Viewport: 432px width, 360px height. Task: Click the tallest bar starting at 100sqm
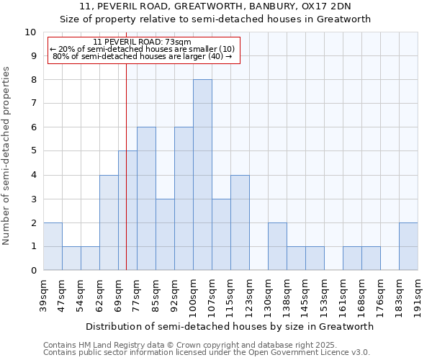click(202, 175)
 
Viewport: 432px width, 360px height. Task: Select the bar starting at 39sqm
click(53, 246)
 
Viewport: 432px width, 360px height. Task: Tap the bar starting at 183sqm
click(408, 246)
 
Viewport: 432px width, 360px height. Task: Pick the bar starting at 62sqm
click(109, 222)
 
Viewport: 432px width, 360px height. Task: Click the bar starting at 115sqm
click(240, 222)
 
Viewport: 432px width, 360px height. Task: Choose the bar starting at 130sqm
click(277, 246)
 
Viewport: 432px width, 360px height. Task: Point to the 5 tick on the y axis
click(33, 151)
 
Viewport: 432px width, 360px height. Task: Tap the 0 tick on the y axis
click(33, 271)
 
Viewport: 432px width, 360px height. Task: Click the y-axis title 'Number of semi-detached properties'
click(7, 156)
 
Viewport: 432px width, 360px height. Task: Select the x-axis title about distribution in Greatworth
click(230, 326)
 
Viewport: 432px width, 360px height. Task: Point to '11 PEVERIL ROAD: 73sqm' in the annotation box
click(143, 42)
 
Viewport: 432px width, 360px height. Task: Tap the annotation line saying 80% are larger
click(143, 56)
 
